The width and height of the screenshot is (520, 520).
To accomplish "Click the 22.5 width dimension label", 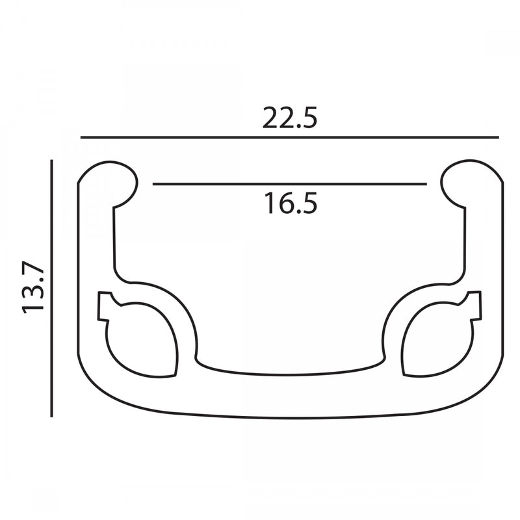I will (290, 118).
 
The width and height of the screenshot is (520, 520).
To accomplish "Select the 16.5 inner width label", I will (290, 203).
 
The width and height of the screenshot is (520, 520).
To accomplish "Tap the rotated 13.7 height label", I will (33, 288).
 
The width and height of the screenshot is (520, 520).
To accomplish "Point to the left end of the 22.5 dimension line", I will (81, 138).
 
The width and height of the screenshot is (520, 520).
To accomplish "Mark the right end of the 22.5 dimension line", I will (498, 138).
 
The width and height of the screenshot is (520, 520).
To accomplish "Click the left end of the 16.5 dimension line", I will (153, 185).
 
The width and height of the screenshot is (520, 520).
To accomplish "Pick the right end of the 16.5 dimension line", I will (426, 185).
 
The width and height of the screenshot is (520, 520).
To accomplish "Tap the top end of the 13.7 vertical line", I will (51, 159).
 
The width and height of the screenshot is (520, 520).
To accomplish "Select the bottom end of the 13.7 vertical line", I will (51, 416).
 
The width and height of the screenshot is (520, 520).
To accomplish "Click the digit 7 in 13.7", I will (33, 269).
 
